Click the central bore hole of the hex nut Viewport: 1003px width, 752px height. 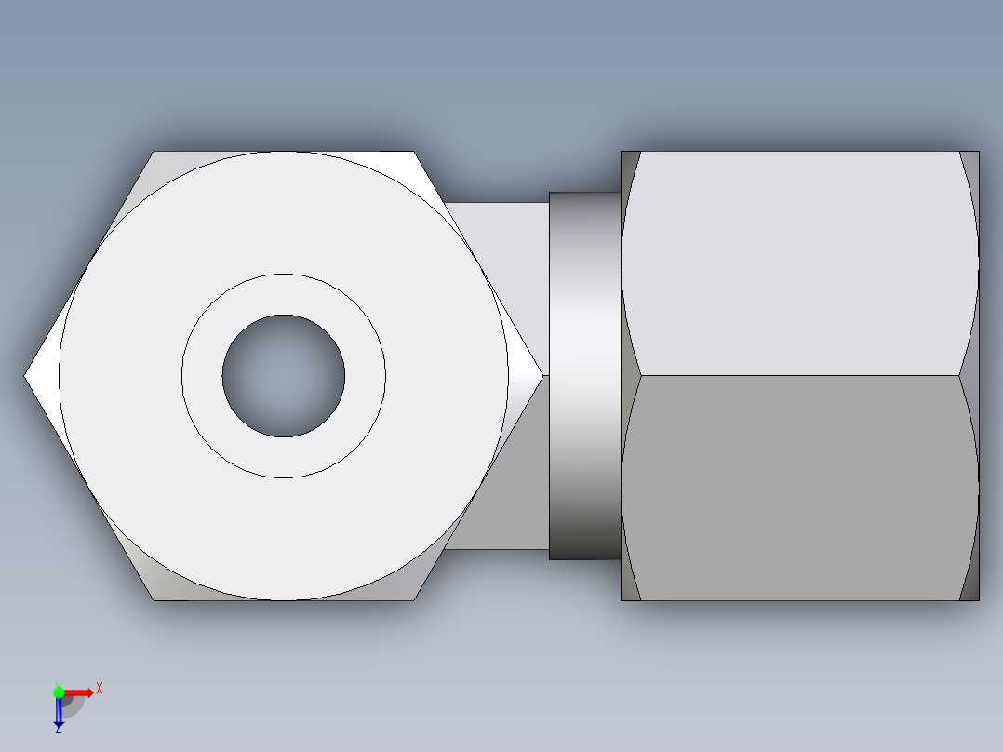(x=283, y=376)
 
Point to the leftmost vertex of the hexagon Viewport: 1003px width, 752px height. (x=25, y=376)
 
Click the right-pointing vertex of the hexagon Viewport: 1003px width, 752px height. (x=542, y=376)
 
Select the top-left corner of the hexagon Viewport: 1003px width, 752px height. (x=154, y=153)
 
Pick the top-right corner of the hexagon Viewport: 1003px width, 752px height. (x=413, y=153)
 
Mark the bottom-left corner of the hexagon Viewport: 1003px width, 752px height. (x=154, y=599)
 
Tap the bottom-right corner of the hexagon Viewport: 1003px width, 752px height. (x=413, y=599)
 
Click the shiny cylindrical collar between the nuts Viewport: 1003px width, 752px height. (x=584, y=376)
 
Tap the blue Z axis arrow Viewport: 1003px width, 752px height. (x=59, y=713)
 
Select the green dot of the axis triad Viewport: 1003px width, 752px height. (x=59, y=692)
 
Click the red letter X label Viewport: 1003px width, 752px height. (x=99, y=688)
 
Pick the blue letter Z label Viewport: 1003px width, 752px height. (x=59, y=730)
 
